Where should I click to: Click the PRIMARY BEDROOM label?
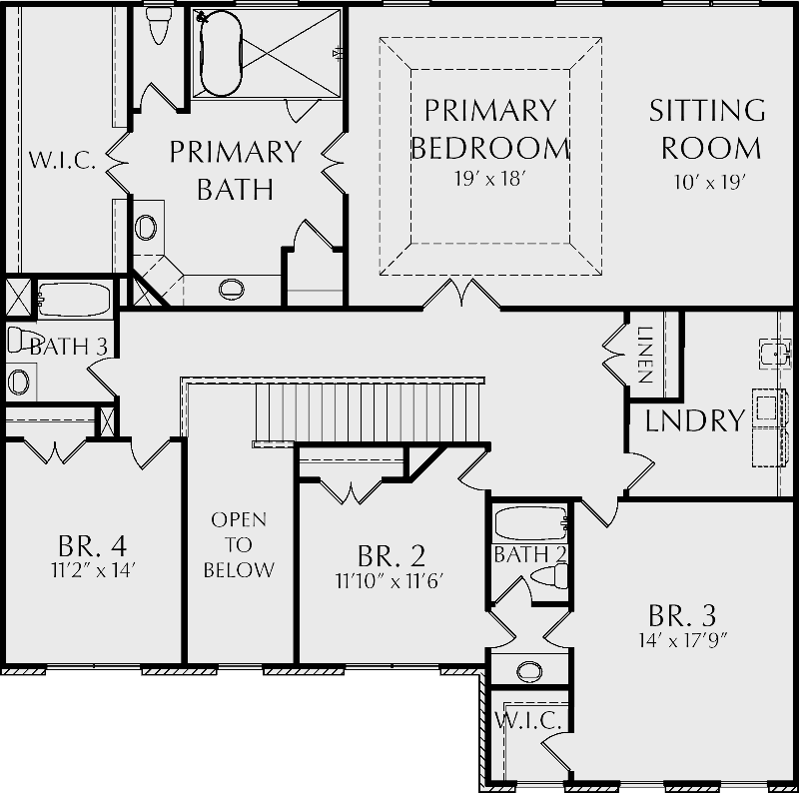point(490,128)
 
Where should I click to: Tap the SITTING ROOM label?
point(707,128)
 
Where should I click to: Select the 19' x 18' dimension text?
point(489,181)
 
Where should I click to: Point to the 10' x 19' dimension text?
point(710,182)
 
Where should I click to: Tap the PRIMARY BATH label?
point(235,170)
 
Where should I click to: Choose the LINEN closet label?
point(644,355)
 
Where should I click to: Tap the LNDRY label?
point(696,419)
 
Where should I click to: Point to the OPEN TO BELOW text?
point(239,545)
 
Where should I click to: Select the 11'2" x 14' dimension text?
point(92,571)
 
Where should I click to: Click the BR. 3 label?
point(682,614)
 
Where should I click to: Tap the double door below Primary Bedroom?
point(459,295)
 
